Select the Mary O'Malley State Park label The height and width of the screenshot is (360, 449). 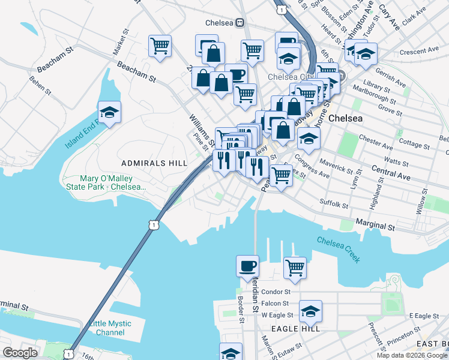tap(113, 183)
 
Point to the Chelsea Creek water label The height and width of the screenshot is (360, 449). tap(339, 249)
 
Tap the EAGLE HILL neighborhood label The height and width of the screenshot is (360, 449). tap(294, 329)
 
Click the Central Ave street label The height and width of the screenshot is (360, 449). tap(390, 173)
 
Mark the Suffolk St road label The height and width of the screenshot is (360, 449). tap(334, 204)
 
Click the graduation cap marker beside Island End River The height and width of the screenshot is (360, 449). tap(110, 112)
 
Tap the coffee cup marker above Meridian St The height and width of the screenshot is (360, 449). tap(247, 266)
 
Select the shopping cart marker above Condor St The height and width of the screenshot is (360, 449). tap(295, 268)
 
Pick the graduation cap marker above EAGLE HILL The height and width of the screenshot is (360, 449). tap(310, 312)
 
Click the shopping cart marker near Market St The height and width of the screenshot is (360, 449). tap(160, 46)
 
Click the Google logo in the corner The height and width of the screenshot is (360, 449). tap(20, 353)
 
